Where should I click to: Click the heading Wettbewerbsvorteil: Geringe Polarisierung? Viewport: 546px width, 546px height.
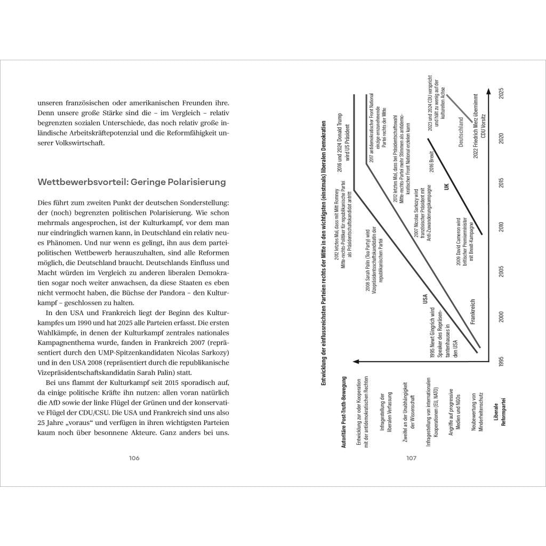[132, 182]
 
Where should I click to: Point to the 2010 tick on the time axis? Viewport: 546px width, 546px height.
[501, 227]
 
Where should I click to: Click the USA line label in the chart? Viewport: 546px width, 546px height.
[425, 299]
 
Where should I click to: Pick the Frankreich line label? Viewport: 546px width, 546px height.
[472, 315]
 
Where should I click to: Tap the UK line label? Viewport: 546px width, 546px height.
[447, 186]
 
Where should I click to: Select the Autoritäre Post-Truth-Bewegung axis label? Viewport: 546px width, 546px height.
[344, 409]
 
